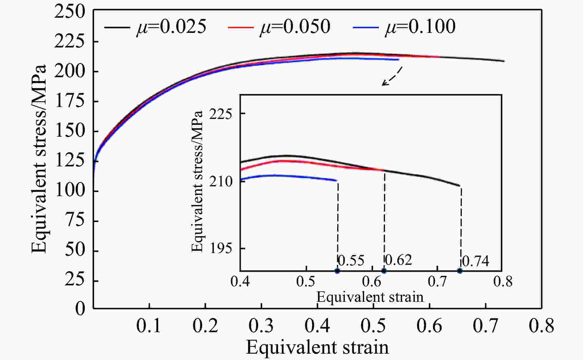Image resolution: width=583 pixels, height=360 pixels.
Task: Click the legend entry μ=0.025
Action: [155, 27]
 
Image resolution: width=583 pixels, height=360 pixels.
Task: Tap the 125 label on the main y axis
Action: [70, 161]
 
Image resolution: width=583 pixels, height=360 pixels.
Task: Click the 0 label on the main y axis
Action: [80, 308]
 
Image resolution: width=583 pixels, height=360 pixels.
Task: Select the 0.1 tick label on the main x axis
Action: [149, 326]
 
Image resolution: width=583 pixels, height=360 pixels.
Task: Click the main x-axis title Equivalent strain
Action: [317, 347]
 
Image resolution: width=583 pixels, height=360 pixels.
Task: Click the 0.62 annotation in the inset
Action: [398, 260]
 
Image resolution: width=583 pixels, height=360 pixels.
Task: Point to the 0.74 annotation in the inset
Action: [475, 261]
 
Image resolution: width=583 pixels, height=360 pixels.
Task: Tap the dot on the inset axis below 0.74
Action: [460, 271]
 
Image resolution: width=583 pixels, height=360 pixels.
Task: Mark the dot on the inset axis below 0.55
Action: [337, 271]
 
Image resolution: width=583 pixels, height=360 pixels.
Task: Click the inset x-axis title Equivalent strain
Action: [370, 297]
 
